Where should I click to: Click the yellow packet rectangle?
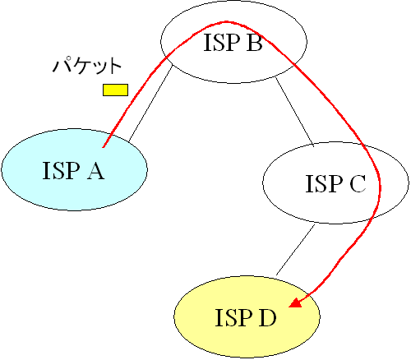[x=115, y=90]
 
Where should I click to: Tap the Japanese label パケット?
[x=87, y=66]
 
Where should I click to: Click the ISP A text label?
[x=73, y=170]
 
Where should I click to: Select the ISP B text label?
[x=233, y=42]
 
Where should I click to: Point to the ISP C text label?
[x=335, y=183]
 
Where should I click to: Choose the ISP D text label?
[x=246, y=317]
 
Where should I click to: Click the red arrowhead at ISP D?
[x=296, y=302]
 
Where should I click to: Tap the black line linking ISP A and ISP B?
[x=150, y=104]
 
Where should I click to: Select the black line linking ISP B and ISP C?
[x=294, y=112]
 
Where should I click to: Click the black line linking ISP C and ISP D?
[x=296, y=250]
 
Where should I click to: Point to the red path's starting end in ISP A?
[x=103, y=147]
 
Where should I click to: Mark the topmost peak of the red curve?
[x=226, y=21]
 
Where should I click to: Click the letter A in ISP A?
[x=95, y=170]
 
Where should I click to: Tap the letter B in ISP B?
[x=255, y=42]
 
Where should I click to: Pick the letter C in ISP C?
[x=358, y=183]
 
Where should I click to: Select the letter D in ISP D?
[x=268, y=317]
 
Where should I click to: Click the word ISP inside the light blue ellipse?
[x=61, y=170]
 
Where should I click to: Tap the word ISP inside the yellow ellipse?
[x=233, y=317]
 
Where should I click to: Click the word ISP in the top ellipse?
[x=222, y=42]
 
